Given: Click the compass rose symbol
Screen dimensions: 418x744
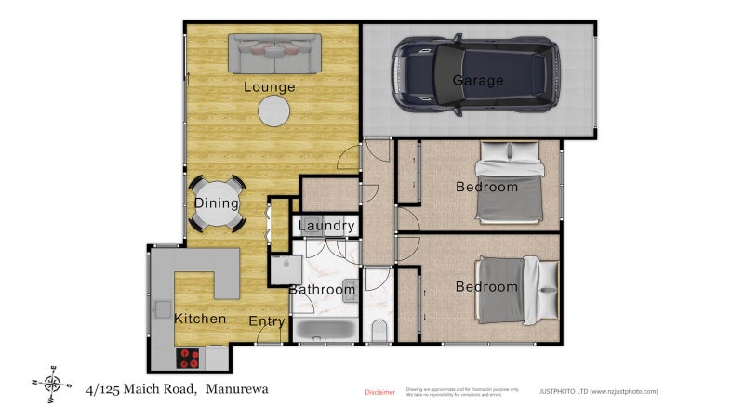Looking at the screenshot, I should coord(53,382).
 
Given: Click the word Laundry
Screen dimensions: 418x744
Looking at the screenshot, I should coord(326,226).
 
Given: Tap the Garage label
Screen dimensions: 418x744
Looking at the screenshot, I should coord(478,81).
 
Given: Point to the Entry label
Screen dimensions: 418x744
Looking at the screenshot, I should coord(267,321).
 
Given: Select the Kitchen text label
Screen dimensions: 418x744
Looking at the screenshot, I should coord(200,319).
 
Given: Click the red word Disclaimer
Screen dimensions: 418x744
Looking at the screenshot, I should coord(379,392).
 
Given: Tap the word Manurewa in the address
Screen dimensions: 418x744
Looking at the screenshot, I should coord(237,389).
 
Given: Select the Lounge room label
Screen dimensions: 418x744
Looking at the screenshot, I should coord(270,87).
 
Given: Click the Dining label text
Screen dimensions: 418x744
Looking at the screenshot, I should coord(217,203).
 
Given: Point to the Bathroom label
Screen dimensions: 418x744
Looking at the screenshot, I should coord(322,290).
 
